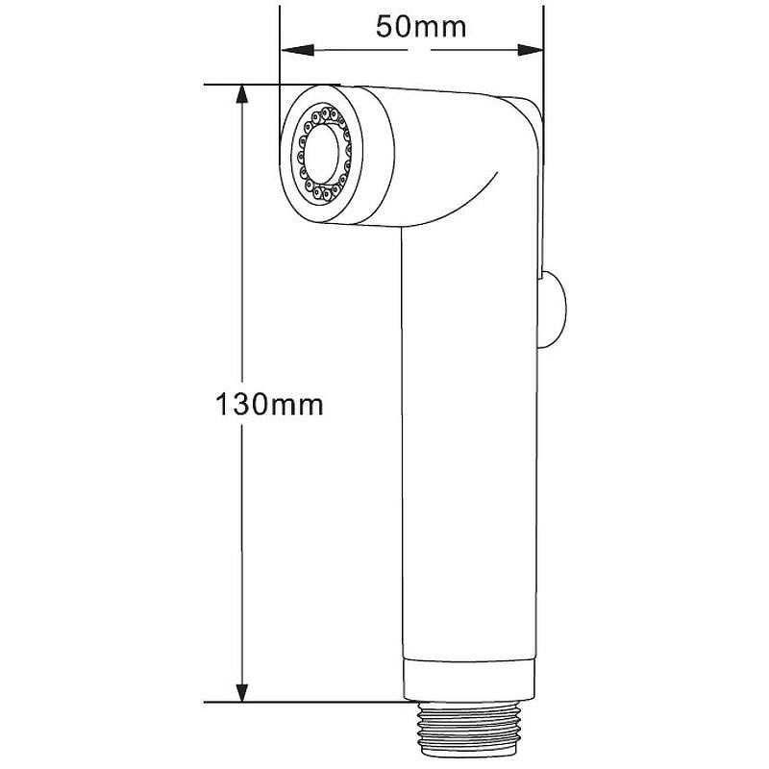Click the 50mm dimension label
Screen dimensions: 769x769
421,27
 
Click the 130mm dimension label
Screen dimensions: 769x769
269,405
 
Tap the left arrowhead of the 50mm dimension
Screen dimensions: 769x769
297,50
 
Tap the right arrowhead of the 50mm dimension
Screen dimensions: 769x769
531,50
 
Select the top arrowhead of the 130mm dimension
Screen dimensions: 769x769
241,94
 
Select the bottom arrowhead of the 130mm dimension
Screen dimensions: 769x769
241,692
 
